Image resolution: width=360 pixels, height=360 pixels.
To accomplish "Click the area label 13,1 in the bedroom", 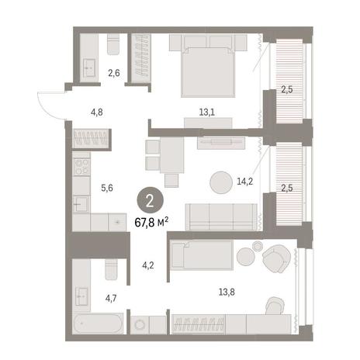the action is pos(207,112).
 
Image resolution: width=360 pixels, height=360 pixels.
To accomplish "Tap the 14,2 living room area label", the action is pos(244,182).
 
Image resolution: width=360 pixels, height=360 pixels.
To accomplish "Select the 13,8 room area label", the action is pos(227,292).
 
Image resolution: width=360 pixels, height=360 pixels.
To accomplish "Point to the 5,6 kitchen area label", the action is pos(107,188).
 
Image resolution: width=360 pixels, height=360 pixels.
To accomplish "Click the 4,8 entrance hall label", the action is pos(96,112).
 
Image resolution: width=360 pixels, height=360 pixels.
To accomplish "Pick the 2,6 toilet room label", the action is pos(114,74).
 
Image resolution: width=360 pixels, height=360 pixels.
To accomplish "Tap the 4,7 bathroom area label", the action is pos(111,299).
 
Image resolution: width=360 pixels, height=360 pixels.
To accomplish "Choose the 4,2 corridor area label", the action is pos(148,265).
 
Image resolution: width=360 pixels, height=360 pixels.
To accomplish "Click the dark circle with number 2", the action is pos(150,201).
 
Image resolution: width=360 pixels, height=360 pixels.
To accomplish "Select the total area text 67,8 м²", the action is pos(151,222).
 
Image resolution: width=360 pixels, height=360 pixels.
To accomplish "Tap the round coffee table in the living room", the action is pos(221,182).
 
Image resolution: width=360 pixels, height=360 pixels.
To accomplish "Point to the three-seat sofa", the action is pos(221,216).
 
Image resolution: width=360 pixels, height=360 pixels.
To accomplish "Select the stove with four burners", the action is pos(81,167).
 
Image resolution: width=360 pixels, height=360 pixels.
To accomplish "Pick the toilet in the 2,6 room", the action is pos(113,44).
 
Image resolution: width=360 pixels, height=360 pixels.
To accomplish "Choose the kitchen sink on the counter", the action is pos(81,204).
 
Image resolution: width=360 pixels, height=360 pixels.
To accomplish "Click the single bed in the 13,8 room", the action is pos(202,255).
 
